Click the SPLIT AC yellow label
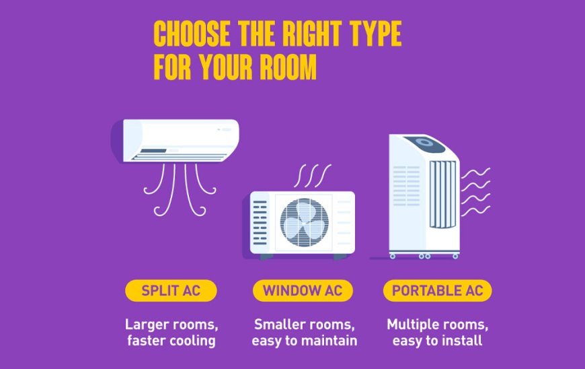coord(171,291)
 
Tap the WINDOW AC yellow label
coord(303,291)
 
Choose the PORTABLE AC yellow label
coord(437,291)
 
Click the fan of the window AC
coord(304,222)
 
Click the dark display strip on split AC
coord(153,151)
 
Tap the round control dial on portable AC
coord(424,142)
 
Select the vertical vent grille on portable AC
coord(443,194)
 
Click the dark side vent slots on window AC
coord(260,223)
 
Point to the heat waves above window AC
coord(312,176)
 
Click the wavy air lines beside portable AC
coord(475,192)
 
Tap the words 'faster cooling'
coord(171,341)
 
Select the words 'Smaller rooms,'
coord(304,325)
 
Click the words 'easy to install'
coord(437,341)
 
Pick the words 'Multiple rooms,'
coord(437,325)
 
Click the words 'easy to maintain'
coord(305,341)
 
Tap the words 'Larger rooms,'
coord(171,325)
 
